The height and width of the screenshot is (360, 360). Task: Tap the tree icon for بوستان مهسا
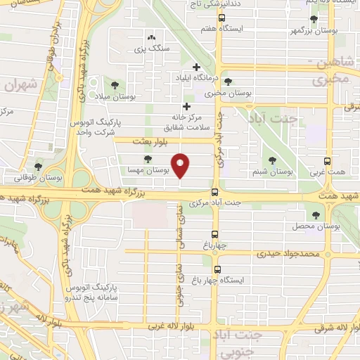point(147,159)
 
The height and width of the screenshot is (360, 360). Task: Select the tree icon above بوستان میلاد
point(115,85)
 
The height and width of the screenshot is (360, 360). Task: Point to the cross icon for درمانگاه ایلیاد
point(195,67)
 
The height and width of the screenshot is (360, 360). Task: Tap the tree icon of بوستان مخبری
point(227,82)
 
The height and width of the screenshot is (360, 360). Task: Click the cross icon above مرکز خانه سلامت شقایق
point(186,106)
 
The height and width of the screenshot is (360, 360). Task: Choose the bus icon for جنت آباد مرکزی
point(215,192)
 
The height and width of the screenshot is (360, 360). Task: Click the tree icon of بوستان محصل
point(316,216)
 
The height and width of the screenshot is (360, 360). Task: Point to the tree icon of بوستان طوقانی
point(38,167)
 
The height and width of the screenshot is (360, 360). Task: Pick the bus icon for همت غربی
point(327,160)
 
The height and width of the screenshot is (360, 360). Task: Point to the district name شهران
point(19,84)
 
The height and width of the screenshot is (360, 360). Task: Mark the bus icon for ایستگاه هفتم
point(222,18)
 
